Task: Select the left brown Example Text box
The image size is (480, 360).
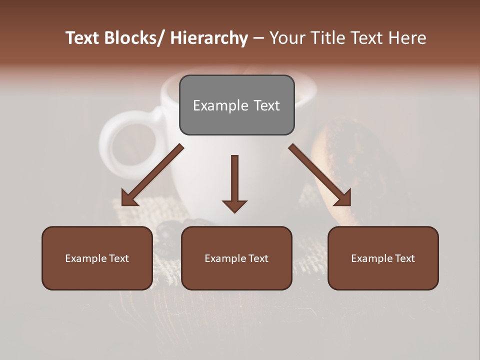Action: pyautogui.click(x=97, y=258)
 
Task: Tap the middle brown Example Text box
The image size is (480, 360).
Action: pyautogui.click(x=236, y=258)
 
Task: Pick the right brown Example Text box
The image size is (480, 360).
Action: pyautogui.click(x=383, y=258)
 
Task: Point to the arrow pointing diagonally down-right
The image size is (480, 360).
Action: pyautogui.click(x=320, y=175)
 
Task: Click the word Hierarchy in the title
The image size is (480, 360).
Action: pyautogui.click(x=209, y=38)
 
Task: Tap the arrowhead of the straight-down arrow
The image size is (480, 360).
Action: pyautogui.click(x=234, y=205)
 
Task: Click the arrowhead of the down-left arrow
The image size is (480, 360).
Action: pyautogui.click(x=129, y=198)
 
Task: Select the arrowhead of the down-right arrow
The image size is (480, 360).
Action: pyautogui.click(x=343, y=198)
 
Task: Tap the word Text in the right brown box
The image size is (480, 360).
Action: pyautogui.click(x=404, y=258)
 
